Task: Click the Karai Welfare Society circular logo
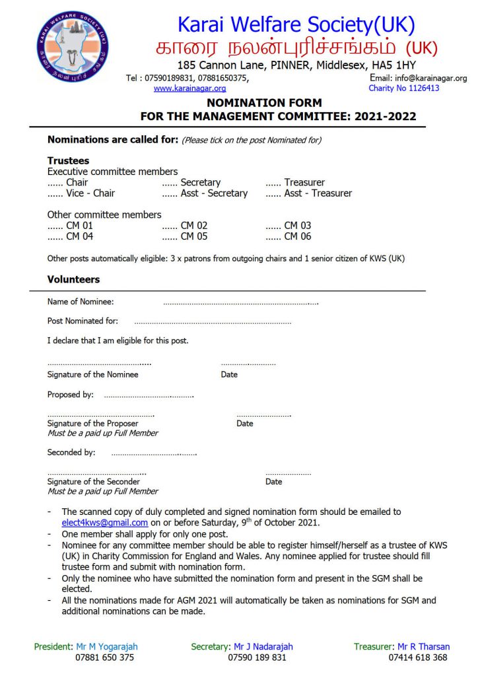pos(73,46)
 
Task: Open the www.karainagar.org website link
pos(189,88)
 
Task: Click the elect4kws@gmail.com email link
pos(105,523)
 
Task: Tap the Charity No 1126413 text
pos(403,88)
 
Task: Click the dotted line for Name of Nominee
pos(240,303)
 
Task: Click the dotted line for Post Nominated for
pos(212,323)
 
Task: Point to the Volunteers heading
pos(73,280)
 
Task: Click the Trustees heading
pos(68,161)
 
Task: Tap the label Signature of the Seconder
pos(93,482)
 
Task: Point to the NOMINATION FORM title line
pos(264,103)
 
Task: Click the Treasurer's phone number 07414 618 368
pos(417,658)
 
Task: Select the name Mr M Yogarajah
pos(105,647)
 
